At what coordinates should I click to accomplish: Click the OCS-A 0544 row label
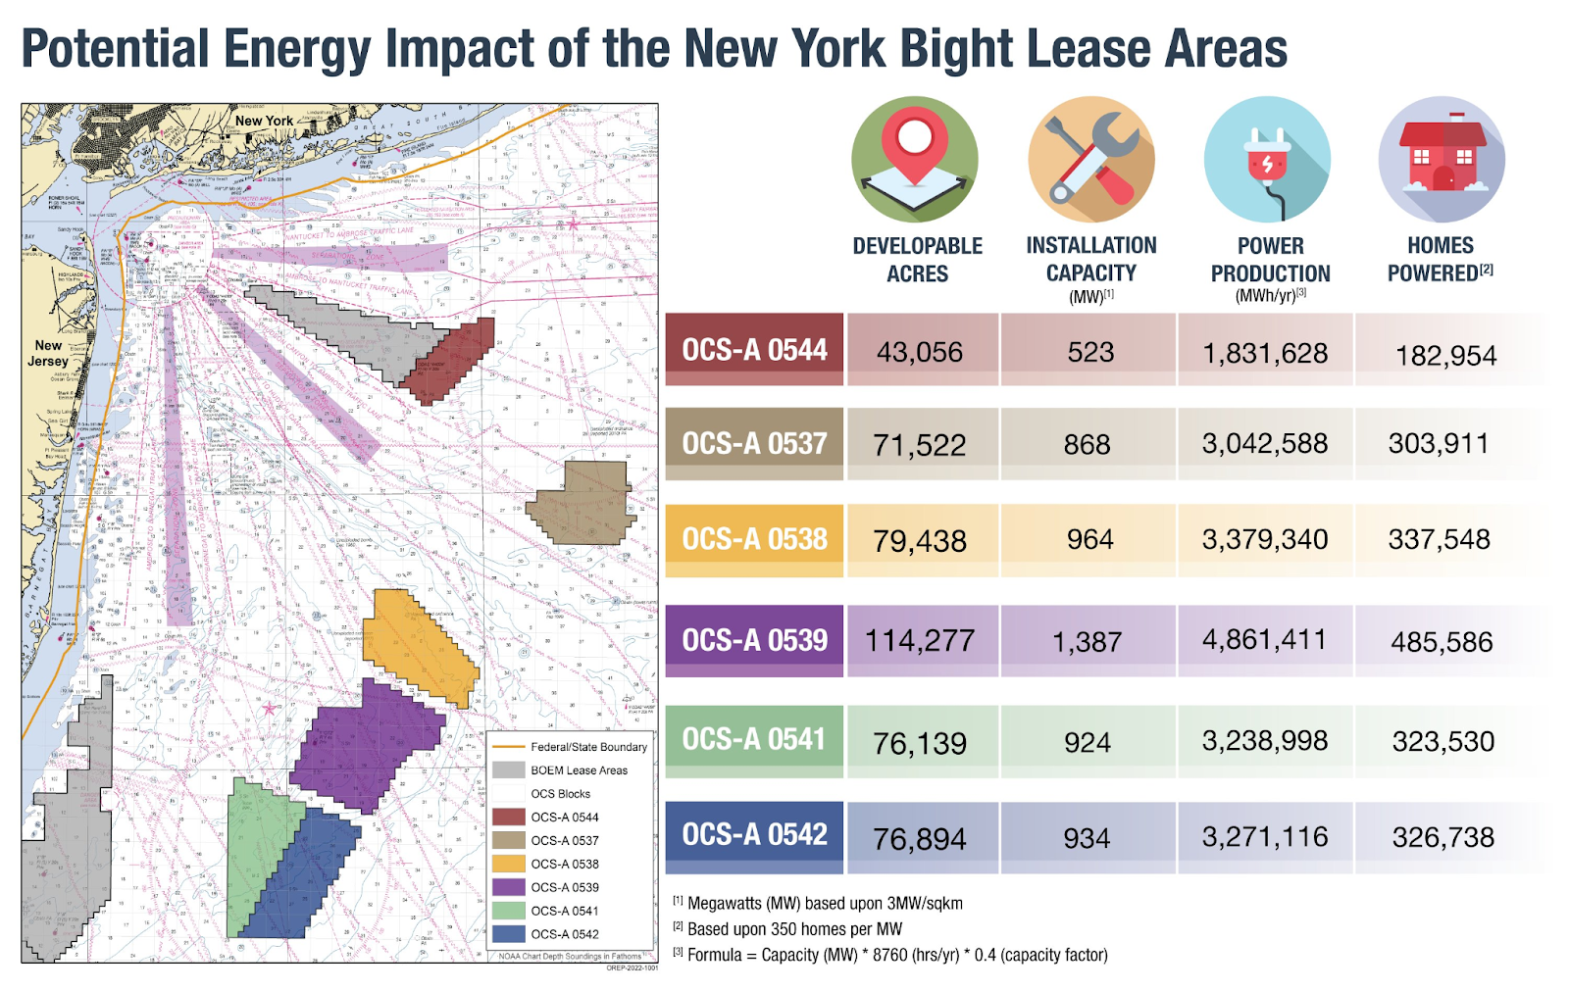pyautogui.click(x=754, y=350)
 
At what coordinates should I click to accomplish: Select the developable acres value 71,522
pyautogui.click(x=919, y=445)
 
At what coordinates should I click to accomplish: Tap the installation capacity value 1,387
pyautogui.click(x=1087, y=642)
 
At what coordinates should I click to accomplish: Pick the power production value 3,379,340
pyautogui.click(x=1265, y=539)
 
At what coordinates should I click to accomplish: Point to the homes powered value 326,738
pyautogui.click(x=1442, y=837)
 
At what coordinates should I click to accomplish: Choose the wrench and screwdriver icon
pyautogui.click(x=1090, y=159)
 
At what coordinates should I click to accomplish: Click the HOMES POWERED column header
pyautogui.click(x=1440, y=260)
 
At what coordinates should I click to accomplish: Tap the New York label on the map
pyautogui.click(x=264, y=121)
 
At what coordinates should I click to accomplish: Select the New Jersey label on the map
pyautogui.click(x=48, y=353)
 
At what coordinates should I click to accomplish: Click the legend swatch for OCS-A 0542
pyautogui.click(x=509, y=934)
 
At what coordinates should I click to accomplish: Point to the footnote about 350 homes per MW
pyautogui.click(x=794, y=928)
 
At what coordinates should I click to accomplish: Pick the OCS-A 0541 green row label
pyautogui.click(x=754, y=739)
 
